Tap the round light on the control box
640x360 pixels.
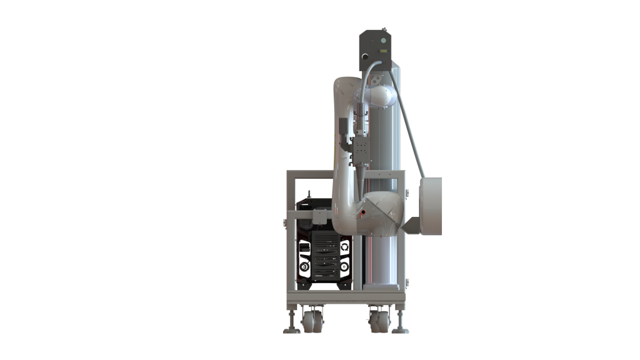[x=377, y=39]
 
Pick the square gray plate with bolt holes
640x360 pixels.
[x=362, y=149]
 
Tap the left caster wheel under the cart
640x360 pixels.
[x=310, y=322]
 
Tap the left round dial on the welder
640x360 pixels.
[x=304, y=267]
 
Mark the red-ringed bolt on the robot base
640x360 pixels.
[x=361, y=213]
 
